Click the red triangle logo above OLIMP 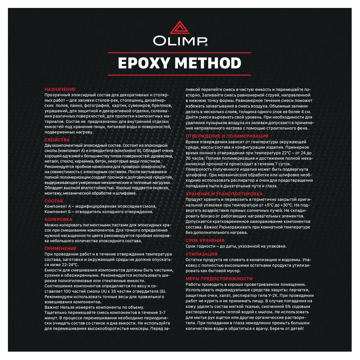coord(180,28)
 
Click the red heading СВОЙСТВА coord(57,139)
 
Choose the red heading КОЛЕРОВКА coord(58,219)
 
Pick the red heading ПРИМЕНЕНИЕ coord(60,248)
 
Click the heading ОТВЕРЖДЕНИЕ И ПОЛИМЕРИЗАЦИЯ coord(227,136)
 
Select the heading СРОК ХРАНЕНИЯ coord(205,240)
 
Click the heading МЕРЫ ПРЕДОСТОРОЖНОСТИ coord(219,279)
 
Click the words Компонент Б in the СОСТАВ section coord(58,211)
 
